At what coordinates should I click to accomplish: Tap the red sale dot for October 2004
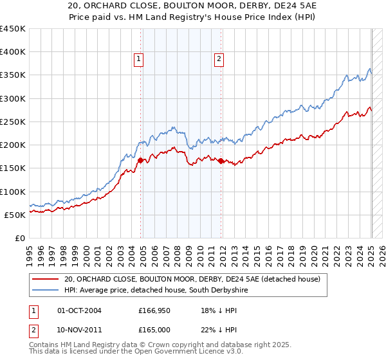141,160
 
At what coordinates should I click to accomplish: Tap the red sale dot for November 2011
221,161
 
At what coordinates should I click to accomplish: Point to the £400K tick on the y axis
12,52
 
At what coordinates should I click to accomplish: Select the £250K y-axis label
12,122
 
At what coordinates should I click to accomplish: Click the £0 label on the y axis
19,238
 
